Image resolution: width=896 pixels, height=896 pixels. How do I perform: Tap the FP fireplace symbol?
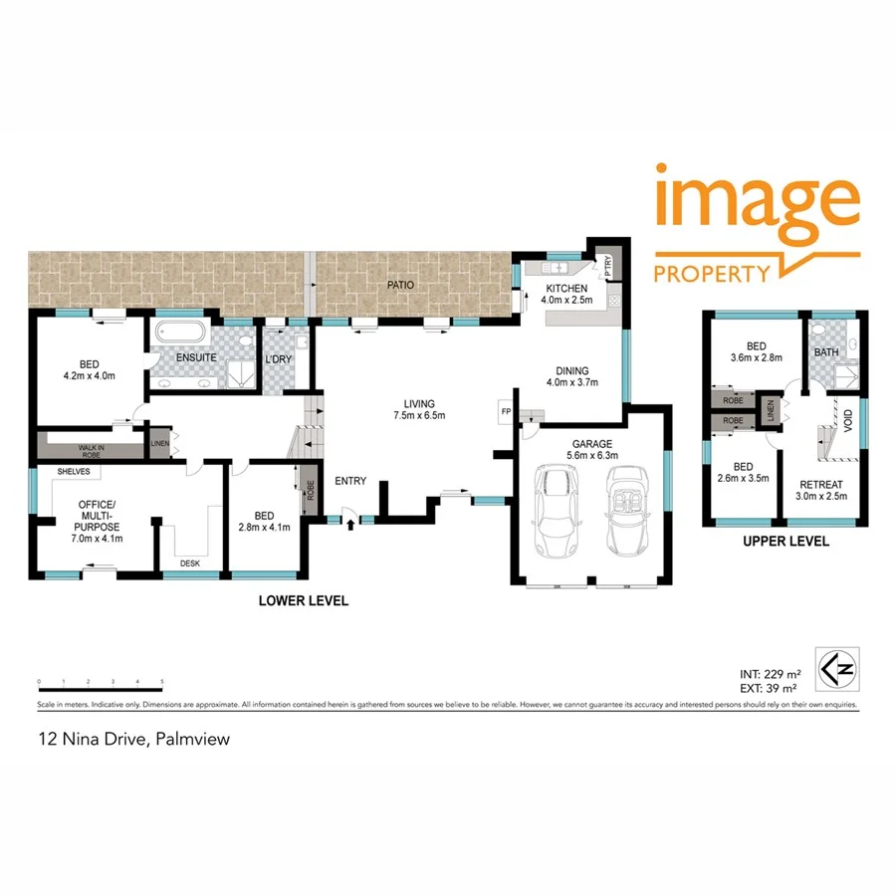point(505,411)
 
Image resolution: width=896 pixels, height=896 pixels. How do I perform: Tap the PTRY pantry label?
point(607,266)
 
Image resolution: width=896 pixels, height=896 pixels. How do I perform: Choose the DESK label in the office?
point(191,562)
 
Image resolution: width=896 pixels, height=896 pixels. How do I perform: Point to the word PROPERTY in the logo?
point(712,273)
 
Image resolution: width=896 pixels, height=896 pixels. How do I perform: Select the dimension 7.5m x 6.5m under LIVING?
point(419,415)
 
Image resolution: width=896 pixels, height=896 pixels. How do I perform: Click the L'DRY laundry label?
point(277,360)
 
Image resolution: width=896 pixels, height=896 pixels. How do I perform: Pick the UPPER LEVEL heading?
point(785,543)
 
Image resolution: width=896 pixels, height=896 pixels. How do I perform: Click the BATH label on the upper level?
point(825,352)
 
